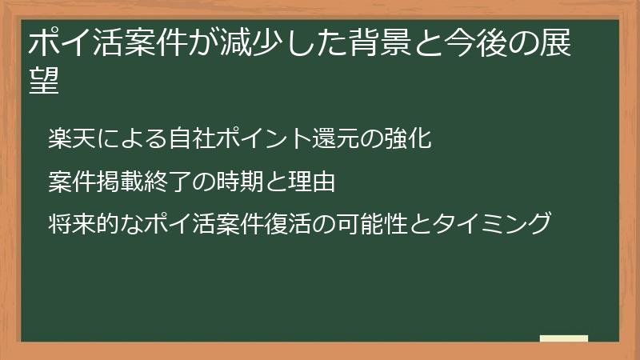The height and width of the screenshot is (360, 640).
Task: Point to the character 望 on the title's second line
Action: point(44,81)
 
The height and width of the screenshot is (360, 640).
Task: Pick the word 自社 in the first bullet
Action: point(188,139)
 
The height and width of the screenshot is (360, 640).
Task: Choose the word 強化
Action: point(408,139)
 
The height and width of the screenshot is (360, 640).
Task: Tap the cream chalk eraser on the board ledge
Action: point(564,339)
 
